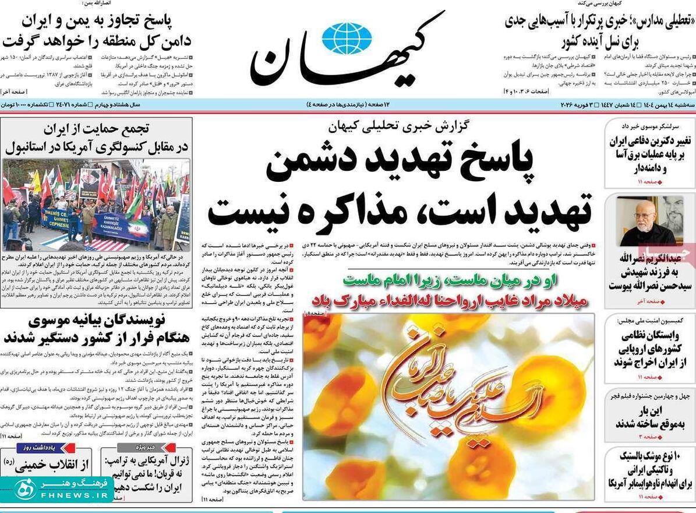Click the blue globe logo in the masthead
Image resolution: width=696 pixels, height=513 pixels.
pyautogui.click(x=347, y=38)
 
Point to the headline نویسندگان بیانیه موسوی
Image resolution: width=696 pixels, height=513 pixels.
pyautogui.click(x=96, y=320)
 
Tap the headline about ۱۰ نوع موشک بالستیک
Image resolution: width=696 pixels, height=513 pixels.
pyautogui.click(x=650, y=470)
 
